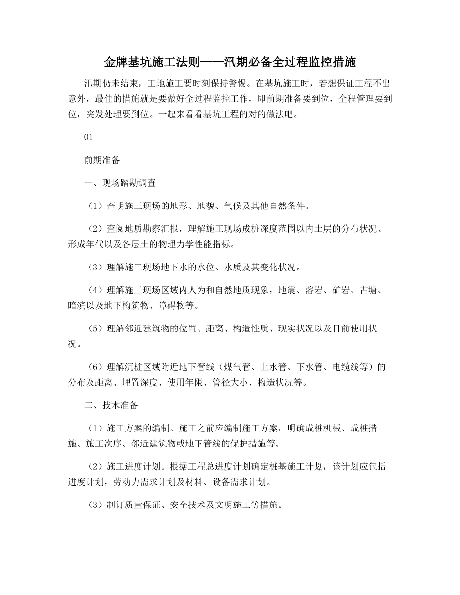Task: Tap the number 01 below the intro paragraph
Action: click(88, 137)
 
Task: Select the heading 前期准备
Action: click(102, 160)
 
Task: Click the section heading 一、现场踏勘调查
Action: click(120, 183)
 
